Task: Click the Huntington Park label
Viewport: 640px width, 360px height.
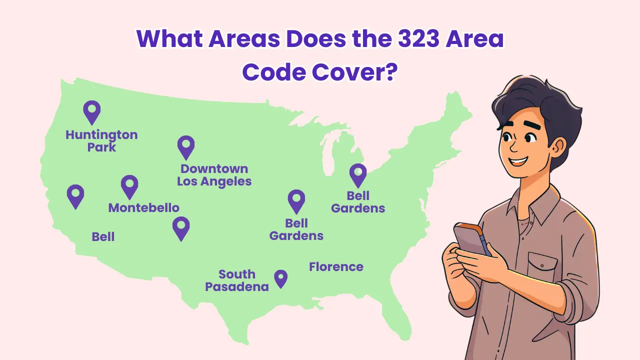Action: [x=101, y=141]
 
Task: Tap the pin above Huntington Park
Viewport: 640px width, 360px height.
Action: [x=91, y=111]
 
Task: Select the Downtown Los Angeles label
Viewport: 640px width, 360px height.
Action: [x=214, y=175]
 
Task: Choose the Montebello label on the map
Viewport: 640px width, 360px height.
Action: [x=143, y=207]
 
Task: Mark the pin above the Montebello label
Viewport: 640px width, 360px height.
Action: [x=129, y=186]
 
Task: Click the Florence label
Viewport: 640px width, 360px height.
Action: [x=336, y=266]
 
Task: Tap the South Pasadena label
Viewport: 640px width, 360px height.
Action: [x=237, y=280]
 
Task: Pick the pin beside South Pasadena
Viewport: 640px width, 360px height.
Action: [x=281, y=278]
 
